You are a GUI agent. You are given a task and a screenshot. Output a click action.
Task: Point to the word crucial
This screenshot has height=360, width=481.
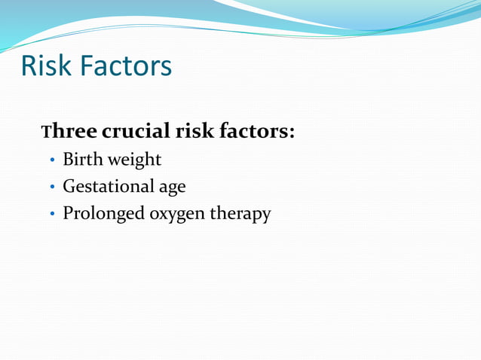click(136, 132)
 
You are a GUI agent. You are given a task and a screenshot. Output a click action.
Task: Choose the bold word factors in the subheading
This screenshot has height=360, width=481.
click(253, 132)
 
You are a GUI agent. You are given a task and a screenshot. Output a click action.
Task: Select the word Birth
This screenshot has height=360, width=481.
click(84, 160)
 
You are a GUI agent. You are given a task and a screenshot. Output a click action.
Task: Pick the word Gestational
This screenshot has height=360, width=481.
click(107, 186)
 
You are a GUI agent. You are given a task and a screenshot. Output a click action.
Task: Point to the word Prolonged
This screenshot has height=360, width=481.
click(103, 214)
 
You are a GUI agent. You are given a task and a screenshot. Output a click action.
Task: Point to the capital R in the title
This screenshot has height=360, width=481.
click(29, 66)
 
